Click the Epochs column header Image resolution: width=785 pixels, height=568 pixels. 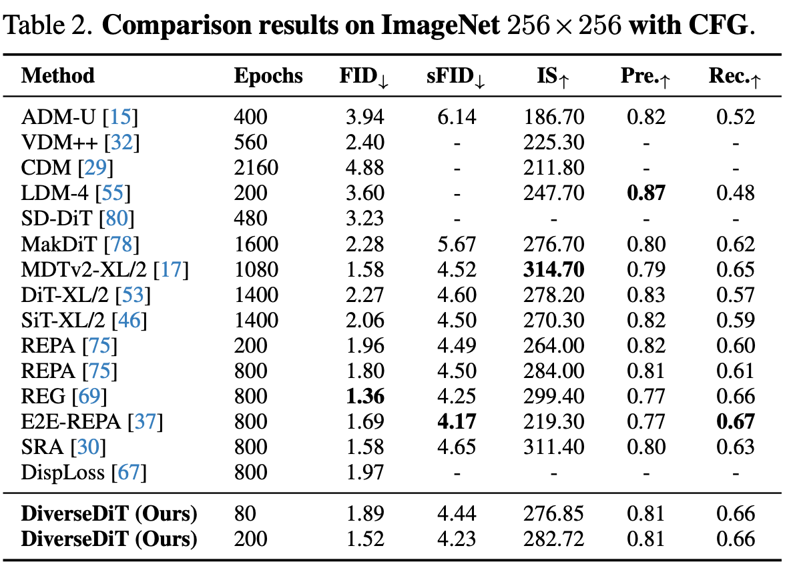tap(268, 76)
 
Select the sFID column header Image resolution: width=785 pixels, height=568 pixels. tap(455, 77)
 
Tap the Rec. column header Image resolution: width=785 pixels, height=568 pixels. tap(734, 77)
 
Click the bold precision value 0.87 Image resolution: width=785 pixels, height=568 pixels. tap(646, 193)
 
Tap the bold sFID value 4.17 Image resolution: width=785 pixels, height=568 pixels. tap(457, 421)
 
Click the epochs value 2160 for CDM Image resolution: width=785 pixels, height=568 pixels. tap(256, 168)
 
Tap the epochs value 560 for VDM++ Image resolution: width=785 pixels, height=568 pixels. tap(250, 143)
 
